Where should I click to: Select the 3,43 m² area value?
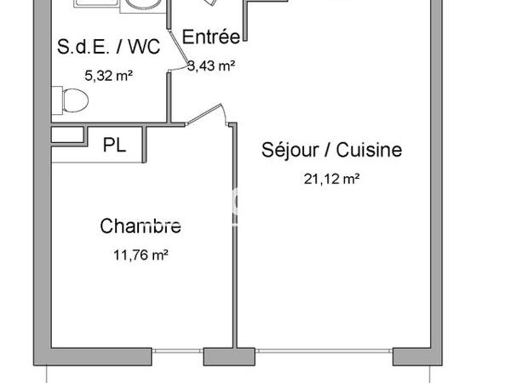point(211,65)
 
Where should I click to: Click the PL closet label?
point(114,145)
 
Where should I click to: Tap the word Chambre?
point(141,226)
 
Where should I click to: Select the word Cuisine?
point(369,151)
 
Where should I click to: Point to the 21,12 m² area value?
point(330,178)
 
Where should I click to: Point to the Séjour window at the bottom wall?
point(324,352)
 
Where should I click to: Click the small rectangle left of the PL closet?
point(67,134)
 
